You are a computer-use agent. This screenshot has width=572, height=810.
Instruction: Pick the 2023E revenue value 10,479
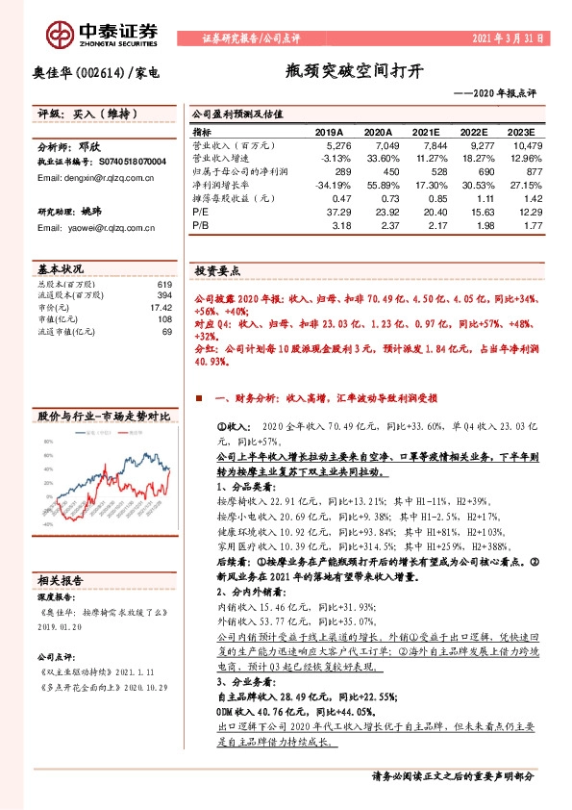pyautogui.click(x=527, y=144)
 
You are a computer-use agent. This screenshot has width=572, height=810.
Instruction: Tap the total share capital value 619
pyautogui.click(x=164, y=284)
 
